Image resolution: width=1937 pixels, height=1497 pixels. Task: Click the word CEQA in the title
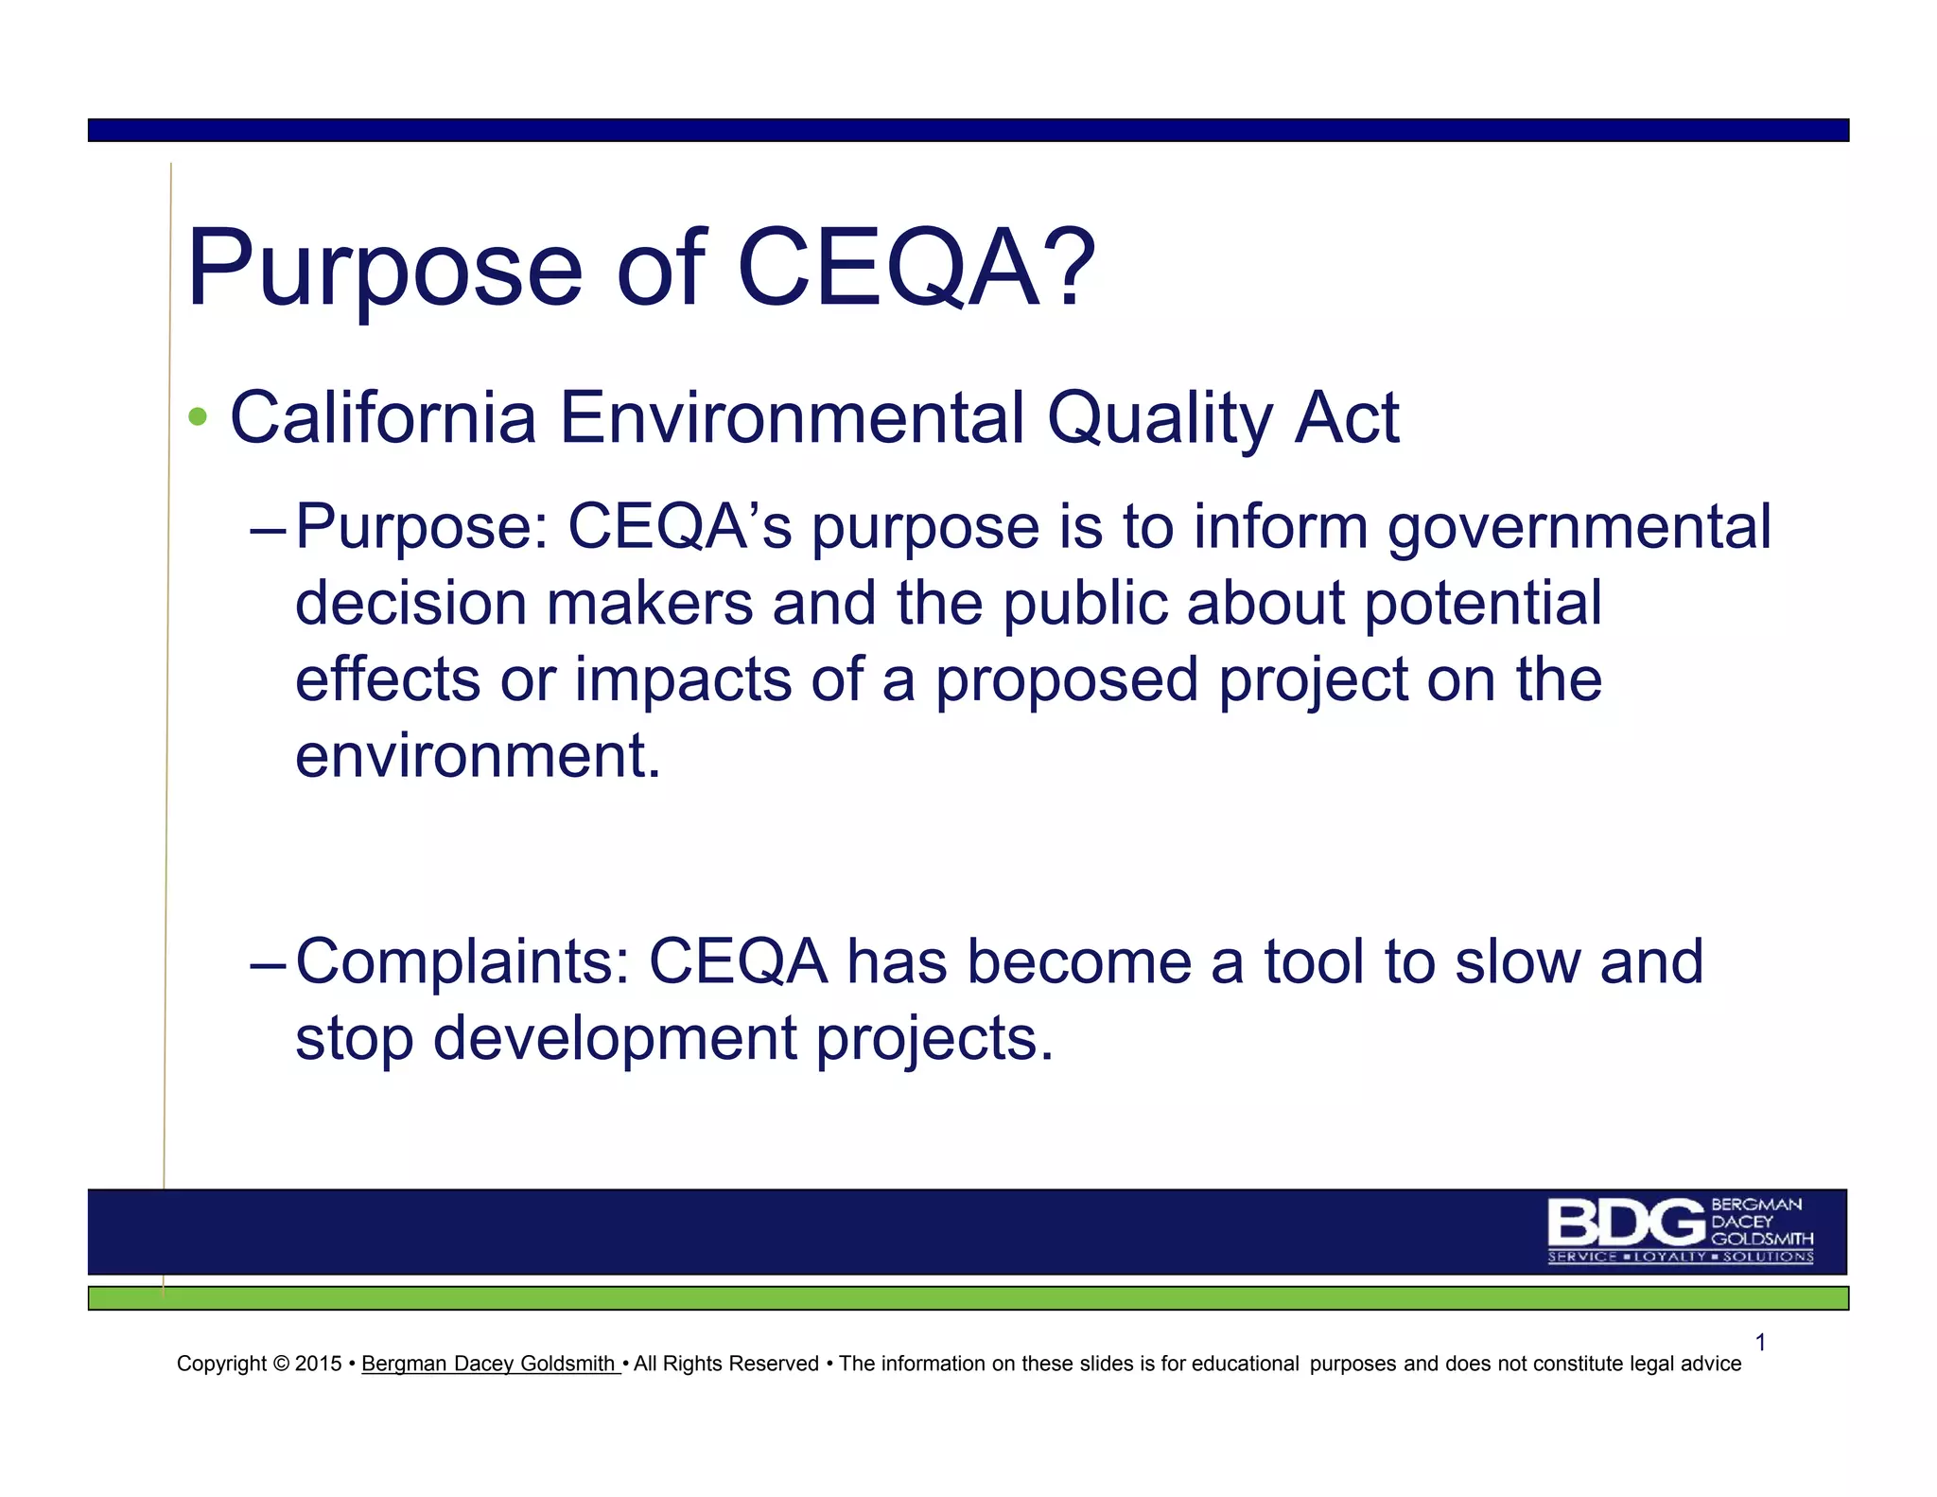[x=887, y=270]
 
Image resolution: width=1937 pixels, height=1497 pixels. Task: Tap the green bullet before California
[x=198, y=416]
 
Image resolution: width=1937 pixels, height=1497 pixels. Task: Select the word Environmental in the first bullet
[x=792, y=417]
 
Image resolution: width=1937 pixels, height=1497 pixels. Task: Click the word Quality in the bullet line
[x=1160, y=417]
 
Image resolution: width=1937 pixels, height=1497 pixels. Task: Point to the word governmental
[x=1579, y=527]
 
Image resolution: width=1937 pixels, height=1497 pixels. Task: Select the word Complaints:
[x=462, y=962]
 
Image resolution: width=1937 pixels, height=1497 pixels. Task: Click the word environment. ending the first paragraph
[x=478, y=756]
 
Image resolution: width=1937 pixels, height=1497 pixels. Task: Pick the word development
[x=615, y=1039]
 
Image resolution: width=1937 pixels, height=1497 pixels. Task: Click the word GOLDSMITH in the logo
[x=1762, y=1239]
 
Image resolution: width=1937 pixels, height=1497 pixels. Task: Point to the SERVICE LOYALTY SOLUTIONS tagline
[x=1680, y=1257]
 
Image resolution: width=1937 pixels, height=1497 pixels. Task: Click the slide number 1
[x=1760, y=1342]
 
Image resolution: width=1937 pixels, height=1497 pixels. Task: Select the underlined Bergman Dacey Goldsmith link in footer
[x=489, y=1364]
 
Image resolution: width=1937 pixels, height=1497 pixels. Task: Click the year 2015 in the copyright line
[x=318, y=1364]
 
